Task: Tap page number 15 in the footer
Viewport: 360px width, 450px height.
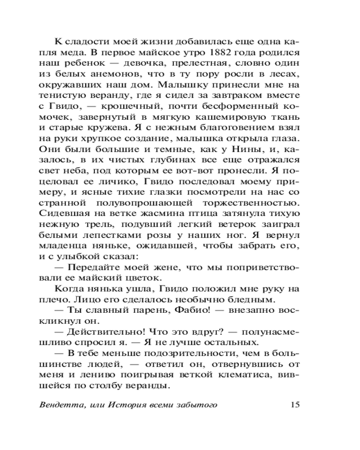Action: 295,404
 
